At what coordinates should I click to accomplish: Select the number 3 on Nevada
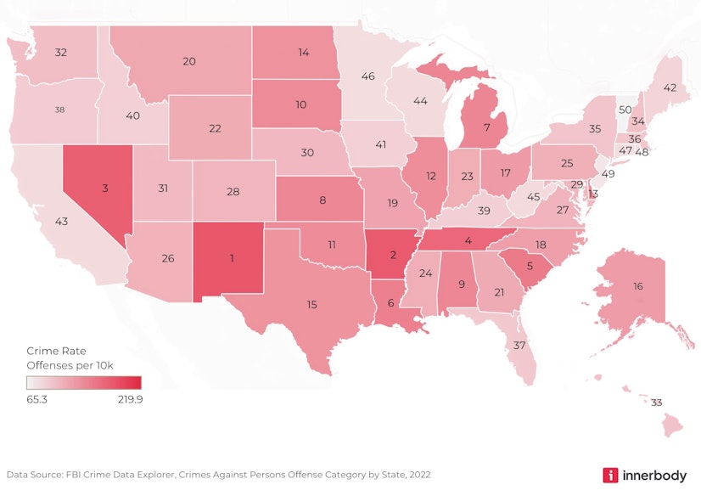pyautogui.click(x=105, y=188)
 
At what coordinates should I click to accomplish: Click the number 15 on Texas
pyautogui.click(x=312, y=304)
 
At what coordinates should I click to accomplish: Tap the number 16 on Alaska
pyautogui.click(x=637, y=287)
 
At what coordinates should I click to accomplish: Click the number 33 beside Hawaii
pyautogui.click(x=656, y=403)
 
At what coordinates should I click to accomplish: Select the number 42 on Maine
pyautogui.click(x=670, y=87)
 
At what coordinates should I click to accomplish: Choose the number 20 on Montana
pyautogui.click(x=189, y=61)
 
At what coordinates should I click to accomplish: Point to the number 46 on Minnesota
pyautogui.click(x=367, y=76)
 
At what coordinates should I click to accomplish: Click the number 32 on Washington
pyautogui.click(x=61, y=53)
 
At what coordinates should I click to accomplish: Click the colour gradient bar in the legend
pyautogui.click(x=82, y=382)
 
